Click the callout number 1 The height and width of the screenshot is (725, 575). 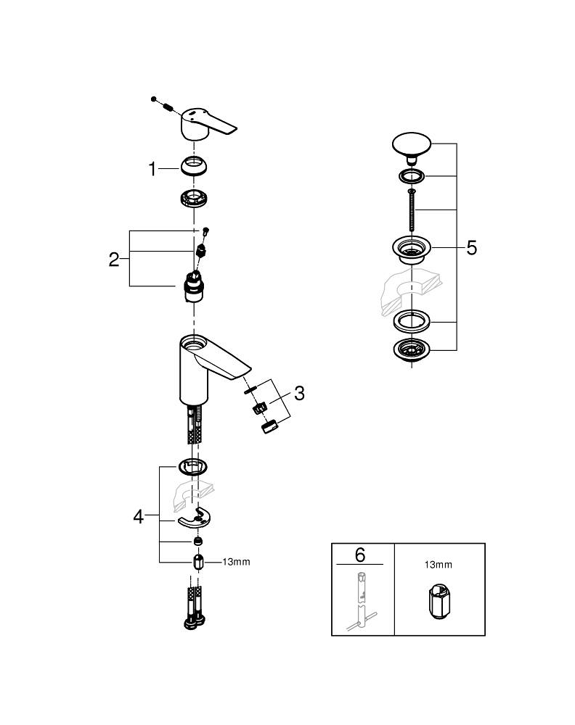click(152, 170)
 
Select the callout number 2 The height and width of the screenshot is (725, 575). click(114, 260)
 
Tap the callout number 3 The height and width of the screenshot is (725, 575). click(298, 394)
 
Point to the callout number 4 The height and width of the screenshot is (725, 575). click(139, 516)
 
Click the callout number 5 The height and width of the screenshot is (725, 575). click(471, 249)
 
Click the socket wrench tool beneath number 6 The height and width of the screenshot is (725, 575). click(362, 601)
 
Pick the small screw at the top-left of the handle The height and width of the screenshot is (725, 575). click(155, 99)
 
